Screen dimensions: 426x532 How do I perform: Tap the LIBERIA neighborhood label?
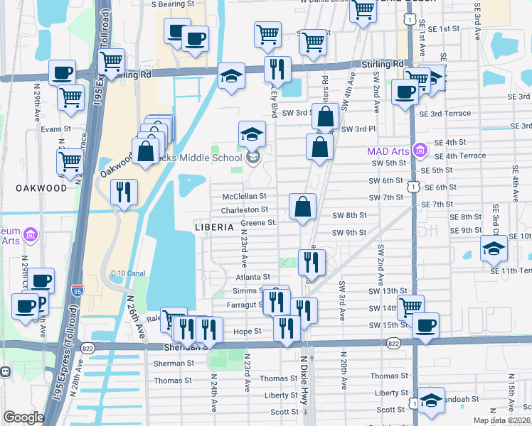point(214,227)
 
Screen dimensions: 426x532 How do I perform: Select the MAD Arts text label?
point(388,151)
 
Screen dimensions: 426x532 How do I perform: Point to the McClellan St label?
point(243,196)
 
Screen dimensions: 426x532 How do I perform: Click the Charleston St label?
point(244,210)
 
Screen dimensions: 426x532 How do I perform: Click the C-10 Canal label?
point(126,272)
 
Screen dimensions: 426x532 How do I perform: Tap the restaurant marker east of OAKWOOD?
point(124,193)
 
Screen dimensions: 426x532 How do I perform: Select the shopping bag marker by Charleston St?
point(303,207)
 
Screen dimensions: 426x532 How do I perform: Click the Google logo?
point(23,417)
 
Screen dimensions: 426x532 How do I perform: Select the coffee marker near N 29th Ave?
point(63,73)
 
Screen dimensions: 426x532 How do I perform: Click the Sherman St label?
point(174,363)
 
